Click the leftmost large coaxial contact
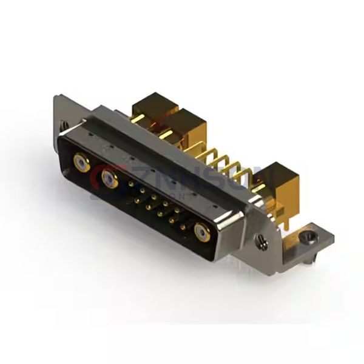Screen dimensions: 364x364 80,162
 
